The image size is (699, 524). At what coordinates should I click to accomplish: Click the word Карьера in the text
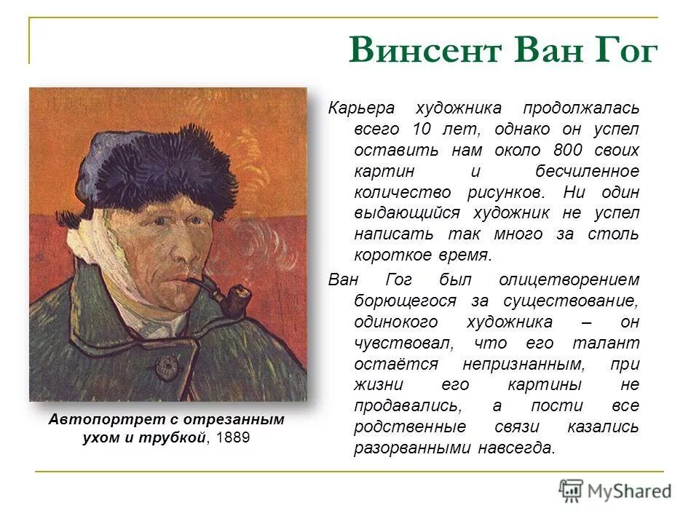[361, 108]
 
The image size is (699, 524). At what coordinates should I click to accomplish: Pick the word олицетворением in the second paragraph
[569, 280]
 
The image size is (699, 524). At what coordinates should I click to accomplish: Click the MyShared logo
[615, 491]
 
